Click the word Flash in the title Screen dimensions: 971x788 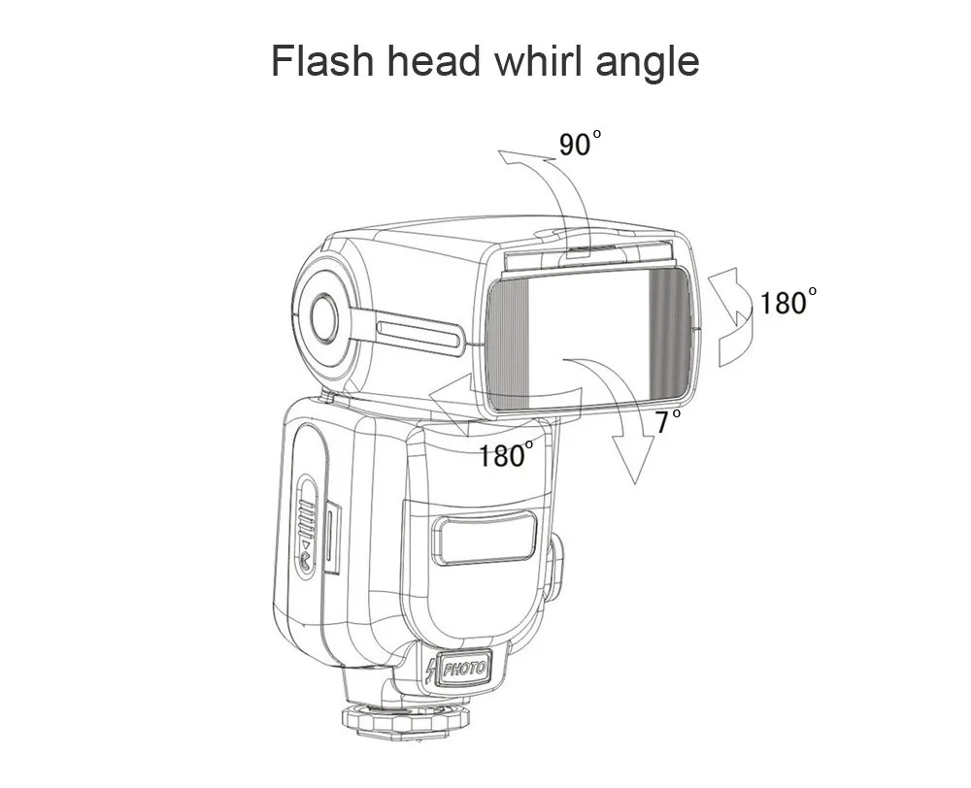(x=322, y=61)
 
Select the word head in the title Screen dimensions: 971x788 (x=433, y=61)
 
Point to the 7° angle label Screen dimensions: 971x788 (x=668, y=421)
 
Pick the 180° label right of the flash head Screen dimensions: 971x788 (x=787, y=302)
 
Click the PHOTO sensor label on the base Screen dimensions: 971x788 (x=464, y=668)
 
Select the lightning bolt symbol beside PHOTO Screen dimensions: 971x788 (x=432, y=671)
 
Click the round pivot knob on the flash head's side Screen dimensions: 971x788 (x=324, y=318)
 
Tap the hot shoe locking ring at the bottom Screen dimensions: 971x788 (x=407, y=719)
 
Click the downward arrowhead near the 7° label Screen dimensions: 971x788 (x=633, y=457)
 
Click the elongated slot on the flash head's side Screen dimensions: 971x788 (x=419, y=334)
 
